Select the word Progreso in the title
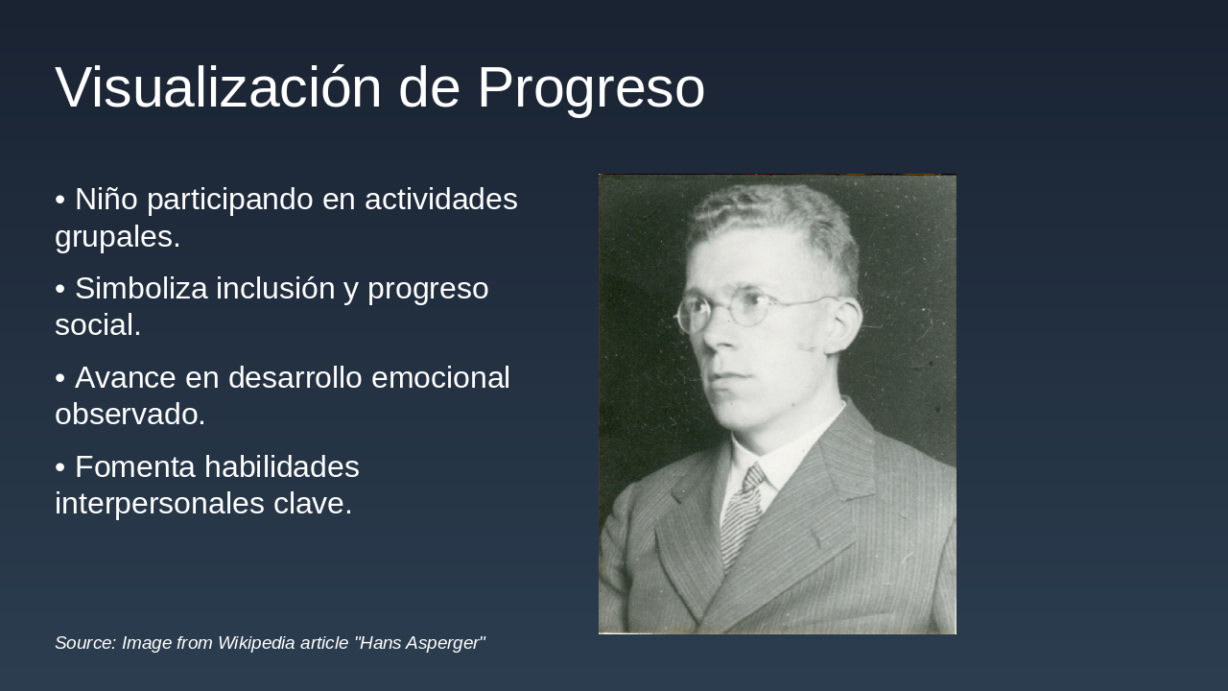click(x=591, y=88)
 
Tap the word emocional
click(x=440, y=378)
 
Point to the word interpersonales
click(x=159, y=504)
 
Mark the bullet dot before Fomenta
click(x=60, y=467)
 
